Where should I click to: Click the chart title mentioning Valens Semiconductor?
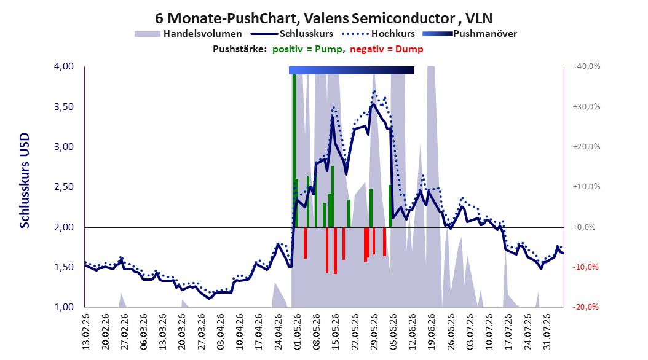click(x=323, y=18)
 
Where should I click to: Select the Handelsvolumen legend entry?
click(x=188, y=34)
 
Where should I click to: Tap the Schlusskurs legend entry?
click(x=292, y=34)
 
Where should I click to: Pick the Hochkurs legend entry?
click(x=377, y=34)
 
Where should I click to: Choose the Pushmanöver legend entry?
click(x=470, y=34)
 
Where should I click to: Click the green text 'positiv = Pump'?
click(x=307, y=49)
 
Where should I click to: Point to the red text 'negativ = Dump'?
click(x=387, y=49)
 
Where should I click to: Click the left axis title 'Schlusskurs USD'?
click(x=25, y=181)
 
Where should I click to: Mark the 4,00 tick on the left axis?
click(x=64, y=66)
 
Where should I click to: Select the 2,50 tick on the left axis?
click(x=64, y=187)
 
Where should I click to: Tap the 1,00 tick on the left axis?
click(x=64, y=307)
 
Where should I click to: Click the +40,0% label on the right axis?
click(x=587, y=66)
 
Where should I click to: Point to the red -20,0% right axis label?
click(x=585, y=307)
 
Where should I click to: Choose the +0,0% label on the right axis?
click(x=584, y=227)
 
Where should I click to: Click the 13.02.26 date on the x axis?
click(x=86, y=332)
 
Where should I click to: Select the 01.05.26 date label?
click(x=298, y=332)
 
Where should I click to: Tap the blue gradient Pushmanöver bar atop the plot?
click(x=352, y=70)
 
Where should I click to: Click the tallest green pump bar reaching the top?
click(x=294, y=151)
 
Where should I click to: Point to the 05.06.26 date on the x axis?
click(x=394, y=332)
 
